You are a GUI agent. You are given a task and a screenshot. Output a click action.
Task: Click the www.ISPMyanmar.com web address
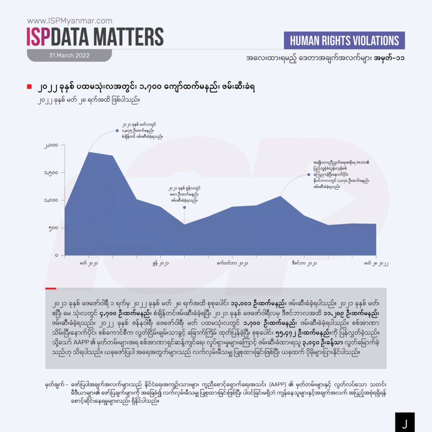coord(69,21)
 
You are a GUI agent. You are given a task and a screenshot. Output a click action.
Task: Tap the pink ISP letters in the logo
coord(39,37)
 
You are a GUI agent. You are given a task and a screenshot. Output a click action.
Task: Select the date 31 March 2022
coord(69,55)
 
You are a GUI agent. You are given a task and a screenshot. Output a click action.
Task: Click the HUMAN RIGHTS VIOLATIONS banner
coord(344,40)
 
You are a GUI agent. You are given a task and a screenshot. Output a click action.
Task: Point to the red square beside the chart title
coord(29,87)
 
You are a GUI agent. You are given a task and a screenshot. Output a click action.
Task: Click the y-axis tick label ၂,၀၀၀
coord(52,146)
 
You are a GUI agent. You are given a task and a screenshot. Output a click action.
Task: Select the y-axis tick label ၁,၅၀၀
coord(52,173)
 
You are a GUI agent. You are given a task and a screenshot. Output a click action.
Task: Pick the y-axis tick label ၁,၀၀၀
coord(52,200)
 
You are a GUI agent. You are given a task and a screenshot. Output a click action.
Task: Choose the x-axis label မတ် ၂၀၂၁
coord(89,264)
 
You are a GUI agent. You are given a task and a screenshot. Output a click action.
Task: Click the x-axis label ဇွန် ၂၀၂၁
coord(161,264)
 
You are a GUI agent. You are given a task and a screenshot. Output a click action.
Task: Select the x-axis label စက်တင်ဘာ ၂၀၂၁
coord(232,264)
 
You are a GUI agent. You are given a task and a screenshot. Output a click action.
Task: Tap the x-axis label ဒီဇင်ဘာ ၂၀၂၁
coord(304,264)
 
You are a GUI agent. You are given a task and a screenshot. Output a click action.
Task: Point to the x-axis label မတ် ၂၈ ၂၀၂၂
coord(376,264)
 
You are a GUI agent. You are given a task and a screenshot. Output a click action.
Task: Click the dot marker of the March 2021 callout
coord(117,131)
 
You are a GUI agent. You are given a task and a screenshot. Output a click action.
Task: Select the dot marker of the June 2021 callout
coord(184,208)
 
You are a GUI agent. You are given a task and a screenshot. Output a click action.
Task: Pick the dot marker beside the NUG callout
coord(309,174)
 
